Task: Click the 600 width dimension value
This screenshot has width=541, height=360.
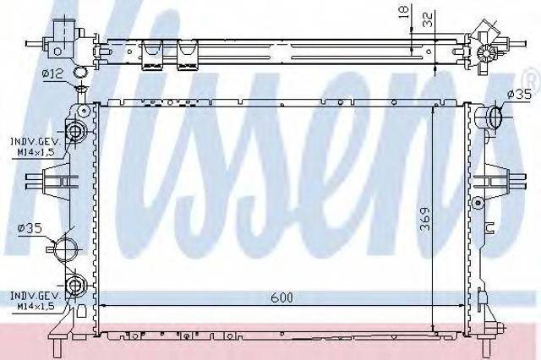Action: click(281, 297)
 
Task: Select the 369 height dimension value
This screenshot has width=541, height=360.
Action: click(426, 219)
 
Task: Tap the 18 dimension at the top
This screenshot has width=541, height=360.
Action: click(406, 12)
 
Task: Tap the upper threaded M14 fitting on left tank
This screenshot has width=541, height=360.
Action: click(76, 131)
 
